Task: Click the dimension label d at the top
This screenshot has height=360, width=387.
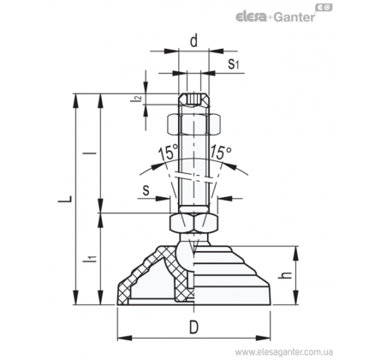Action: pyautogui.click(x=193, y=41)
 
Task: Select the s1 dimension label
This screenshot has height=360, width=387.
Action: pyautogui.click(x=233, y=63)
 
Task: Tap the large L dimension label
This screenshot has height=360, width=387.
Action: pyautogui.click(x=65, y=199)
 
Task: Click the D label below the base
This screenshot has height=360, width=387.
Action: pyautogui.click(x=193, y=327)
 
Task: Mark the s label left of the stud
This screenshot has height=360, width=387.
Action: pyautogui.click(x=146, y=190)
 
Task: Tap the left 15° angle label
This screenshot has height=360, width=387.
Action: pyautogui.click(x=168, y=153)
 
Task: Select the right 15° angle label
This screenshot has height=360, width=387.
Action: pyautogui.click(x=221, y=152)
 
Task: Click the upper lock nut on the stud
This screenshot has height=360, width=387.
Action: pyautogui.click(x=193, y=124)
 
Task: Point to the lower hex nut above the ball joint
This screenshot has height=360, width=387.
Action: pyautogui.click(x=193, y=223)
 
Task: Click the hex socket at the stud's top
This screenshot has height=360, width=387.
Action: pyautogui.click(x=193, y=100)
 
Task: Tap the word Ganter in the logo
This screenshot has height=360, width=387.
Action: pyautogui.click(x=295, y=17)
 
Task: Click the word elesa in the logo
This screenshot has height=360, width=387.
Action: pyautogui.click(x=251, y=17)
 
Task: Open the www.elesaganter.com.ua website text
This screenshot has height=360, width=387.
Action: pyautogui.click(x=283, y=351)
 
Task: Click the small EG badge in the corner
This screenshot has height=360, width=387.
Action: pyautogui.click(x=324, y=8)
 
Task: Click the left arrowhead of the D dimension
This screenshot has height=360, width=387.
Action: pyautogui.click(x=125, y=338)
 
